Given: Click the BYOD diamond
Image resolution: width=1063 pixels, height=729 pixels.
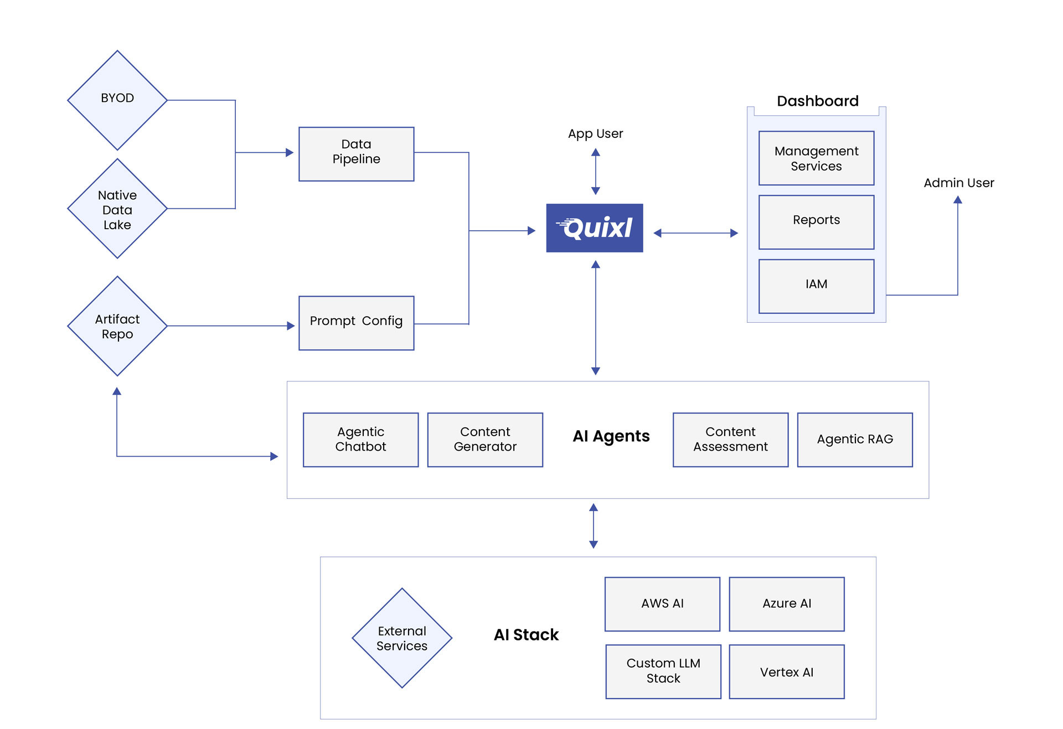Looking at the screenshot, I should pos(117,100).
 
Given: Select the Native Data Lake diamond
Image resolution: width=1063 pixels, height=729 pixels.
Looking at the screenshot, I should pos(117,209).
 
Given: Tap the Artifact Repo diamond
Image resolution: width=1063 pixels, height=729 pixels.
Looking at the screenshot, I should pos(117,326).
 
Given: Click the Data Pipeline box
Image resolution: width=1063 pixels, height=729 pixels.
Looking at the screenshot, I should pos(356,154).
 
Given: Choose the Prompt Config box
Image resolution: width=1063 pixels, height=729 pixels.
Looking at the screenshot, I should pos(356,323).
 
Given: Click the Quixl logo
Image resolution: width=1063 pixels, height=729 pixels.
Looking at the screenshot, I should pos(595,228).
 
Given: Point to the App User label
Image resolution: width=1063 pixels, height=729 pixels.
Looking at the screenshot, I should pos(595,133).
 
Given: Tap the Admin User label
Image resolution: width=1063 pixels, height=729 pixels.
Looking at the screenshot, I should pos(958,183).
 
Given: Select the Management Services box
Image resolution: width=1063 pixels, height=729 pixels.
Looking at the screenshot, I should pos(816,158).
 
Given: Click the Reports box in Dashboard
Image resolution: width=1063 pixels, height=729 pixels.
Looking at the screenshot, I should pos(816,222).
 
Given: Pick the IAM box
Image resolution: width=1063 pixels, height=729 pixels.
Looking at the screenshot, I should pos(816,286).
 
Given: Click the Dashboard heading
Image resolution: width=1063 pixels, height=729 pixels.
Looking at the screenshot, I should pos(817,101).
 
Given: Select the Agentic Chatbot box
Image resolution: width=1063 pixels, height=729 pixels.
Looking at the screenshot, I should pos(360,440).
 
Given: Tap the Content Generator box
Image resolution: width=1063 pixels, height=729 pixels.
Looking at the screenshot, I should pos(485,440).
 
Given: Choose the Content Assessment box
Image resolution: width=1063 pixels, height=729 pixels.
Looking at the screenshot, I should pos(730,440).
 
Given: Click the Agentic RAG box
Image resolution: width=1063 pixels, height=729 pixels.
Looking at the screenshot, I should pos(854,440).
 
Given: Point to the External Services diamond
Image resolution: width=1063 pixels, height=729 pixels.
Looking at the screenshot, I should pos(402,638).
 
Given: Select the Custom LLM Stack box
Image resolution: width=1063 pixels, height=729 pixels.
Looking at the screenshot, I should pos(663,671).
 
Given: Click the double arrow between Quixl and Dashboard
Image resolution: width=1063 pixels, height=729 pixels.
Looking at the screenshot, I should pos(695,233).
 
